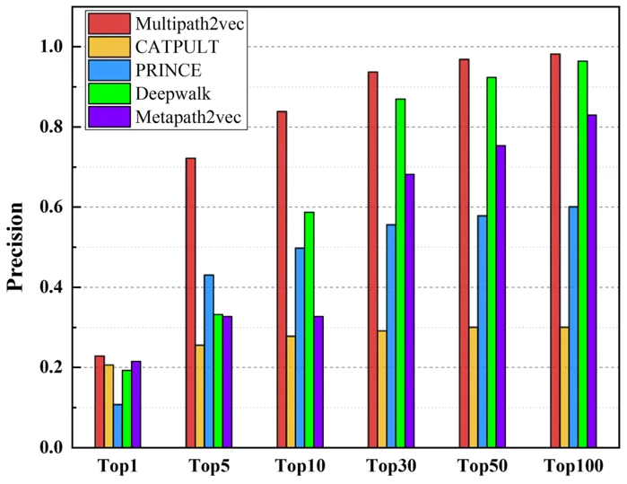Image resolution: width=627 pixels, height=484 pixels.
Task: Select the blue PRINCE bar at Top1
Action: tap(118, 426)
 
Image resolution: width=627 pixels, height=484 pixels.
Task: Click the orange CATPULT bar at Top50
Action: tap(473, 387)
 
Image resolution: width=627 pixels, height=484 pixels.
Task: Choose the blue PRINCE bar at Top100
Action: tap(572, 327)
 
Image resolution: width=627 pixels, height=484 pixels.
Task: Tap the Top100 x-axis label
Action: tap(572, 467)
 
